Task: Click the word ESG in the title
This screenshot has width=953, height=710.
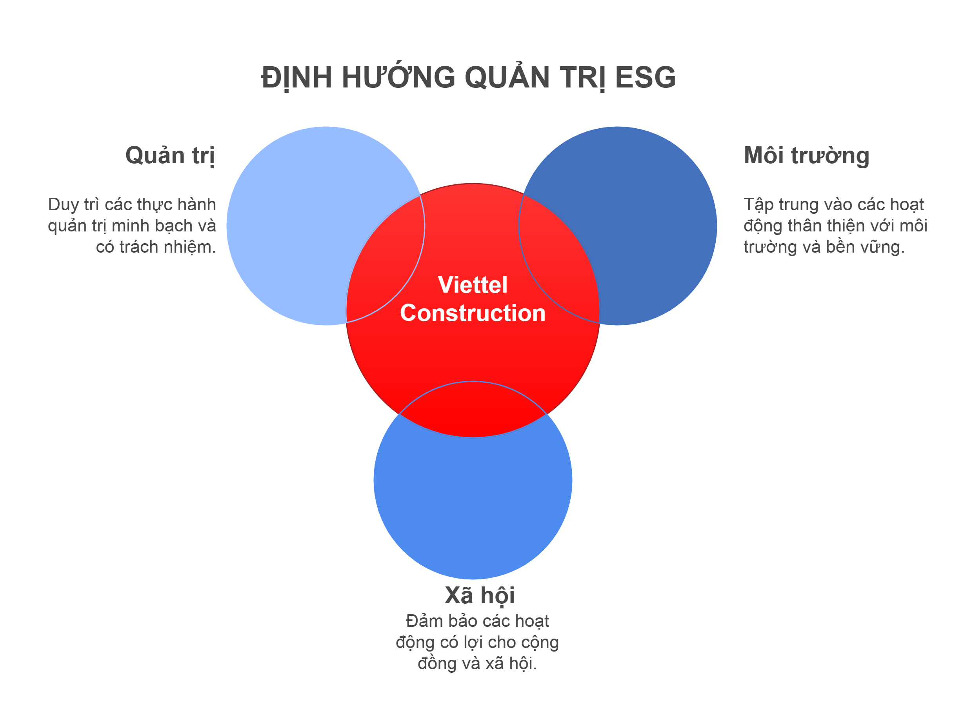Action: (x=645, y=78)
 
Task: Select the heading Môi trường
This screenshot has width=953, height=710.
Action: (x=806, y=155)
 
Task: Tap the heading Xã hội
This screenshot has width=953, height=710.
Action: (x=479, y=595)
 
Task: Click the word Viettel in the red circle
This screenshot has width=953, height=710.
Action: (x=472, y=285)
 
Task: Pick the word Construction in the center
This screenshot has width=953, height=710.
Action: (x=472, y=313)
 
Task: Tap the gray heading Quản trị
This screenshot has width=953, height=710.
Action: (x=170, y=155)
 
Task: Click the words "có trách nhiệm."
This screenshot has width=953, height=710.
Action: (x=156, y=247)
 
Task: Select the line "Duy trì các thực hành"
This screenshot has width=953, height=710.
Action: (x=132, y=204)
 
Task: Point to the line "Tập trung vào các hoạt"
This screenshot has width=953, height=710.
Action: (x=833, y=204)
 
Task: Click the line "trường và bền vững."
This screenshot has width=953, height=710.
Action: (x=824, y=247)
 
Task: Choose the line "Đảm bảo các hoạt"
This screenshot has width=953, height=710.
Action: (x=477, y=621)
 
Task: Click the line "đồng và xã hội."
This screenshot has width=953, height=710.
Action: (x=477, y=663)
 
